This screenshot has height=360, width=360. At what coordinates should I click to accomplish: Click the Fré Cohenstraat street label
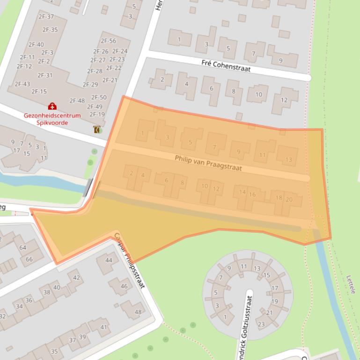point(226,65)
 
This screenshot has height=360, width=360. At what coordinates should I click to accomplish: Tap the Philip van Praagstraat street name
point(208,162)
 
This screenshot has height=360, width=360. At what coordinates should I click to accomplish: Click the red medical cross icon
point(52,107)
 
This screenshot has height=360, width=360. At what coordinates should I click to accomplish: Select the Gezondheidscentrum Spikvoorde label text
point(52,119)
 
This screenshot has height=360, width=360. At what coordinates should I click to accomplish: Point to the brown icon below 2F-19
point(96,130)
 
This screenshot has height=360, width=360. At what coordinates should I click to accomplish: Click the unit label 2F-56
point(108,41)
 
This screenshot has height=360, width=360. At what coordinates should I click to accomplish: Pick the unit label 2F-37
point(47,17)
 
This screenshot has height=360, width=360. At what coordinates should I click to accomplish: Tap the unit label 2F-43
point(22,84)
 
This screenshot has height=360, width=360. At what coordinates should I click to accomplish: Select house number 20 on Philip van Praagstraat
point(289,200)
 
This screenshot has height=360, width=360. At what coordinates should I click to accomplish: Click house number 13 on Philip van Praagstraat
point(288,160)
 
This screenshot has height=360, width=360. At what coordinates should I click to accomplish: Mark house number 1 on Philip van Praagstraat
point(142,134)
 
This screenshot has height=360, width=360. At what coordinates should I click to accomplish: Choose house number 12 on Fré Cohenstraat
point(284,100)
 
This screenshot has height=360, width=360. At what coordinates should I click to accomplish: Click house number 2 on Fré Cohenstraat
point(162,79)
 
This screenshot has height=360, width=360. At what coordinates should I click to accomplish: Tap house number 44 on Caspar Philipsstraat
point(109,260)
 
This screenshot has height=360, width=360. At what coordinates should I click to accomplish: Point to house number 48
point(138,312)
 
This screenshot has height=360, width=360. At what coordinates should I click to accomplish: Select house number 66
point(29,259)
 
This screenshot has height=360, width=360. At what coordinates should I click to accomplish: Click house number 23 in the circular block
point(261,324)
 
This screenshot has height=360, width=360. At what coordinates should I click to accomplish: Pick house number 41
point(103,327)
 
